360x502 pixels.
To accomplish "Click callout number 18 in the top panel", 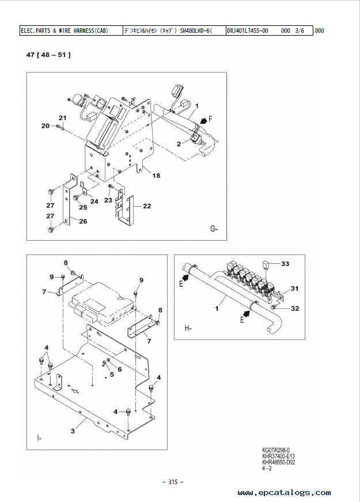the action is pyautogui.click(x=156, y=176).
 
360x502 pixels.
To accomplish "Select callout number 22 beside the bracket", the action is pyautogui.click(x=147, y=206).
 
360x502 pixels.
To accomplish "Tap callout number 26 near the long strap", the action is pyautogui.click(x=83, y=221).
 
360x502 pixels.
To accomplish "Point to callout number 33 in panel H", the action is pyautogui.click(x=285, y=264).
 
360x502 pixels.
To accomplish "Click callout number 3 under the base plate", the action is pyautogui.click(x=73, y=431).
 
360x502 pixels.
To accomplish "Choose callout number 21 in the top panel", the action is pyautogui.click(x=62, y=118).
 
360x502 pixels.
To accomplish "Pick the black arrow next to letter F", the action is pyautogui.click(x=203, y=121).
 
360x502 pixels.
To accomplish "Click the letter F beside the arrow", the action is pyautogui.click(x=210, y=119).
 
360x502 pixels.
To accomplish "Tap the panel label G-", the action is pyautogui.click(x=214, y=229).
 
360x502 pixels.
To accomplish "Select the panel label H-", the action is pyautogui.click(x=188, y=328).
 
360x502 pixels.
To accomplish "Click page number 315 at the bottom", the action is pyautogui.click(x=173, y=482).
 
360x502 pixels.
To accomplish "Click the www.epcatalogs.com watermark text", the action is pyautogui.click(x=284, y=492).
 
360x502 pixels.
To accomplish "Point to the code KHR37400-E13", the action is pyautogui.click(x=279, y=456).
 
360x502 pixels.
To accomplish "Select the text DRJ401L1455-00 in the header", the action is pyautogui.click(x=248, y=31).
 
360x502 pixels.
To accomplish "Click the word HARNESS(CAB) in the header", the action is pyautogui.click(x=90, y=31).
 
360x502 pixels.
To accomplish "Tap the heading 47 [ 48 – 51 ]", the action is pyautogui.click(x=48, y=55).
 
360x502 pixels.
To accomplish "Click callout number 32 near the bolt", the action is pyautogui.click(x=295, y=309).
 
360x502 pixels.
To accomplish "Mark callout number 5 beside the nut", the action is pyautogui.click(x=112, y=374).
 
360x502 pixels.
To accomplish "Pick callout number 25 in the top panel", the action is pyautogui.click(x=83, y=207).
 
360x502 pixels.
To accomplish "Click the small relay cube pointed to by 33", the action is pyautogui.click(x=266, y=265).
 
